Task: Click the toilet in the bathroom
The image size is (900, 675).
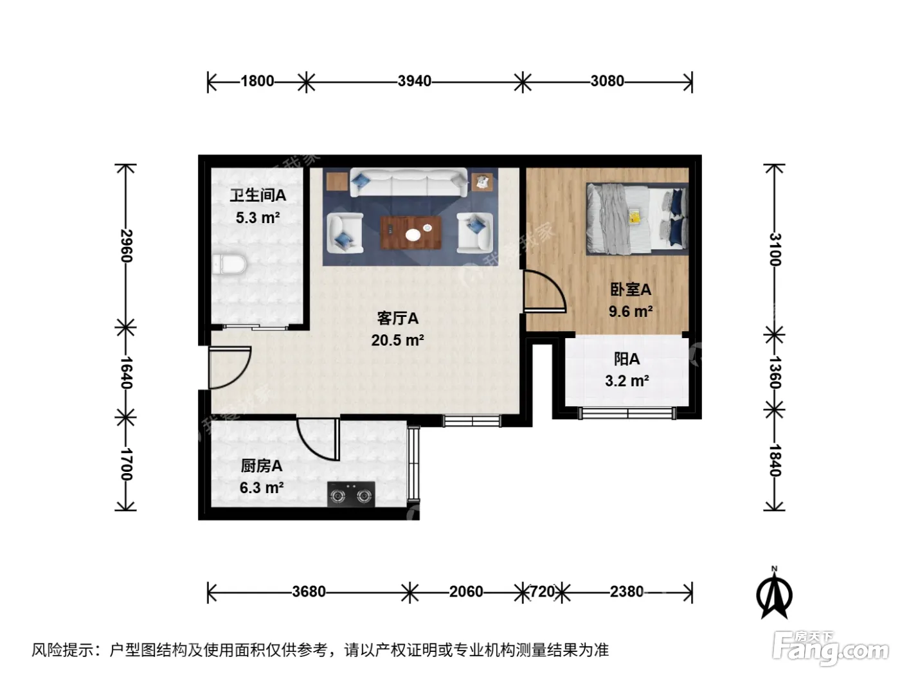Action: pos(230,264)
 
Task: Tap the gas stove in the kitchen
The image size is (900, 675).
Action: pos(351,494)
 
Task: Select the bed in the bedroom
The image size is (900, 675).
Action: pos(637,219)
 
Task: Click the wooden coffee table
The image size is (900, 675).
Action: pos(411,233)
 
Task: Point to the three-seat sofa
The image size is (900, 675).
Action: pos(408,183)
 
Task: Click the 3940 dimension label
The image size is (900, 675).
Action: pos(415,81)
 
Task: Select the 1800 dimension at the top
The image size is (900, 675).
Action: pos(257,81)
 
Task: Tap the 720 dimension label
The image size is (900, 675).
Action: pos(542,592)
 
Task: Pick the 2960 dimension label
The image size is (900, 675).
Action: pos(126,246)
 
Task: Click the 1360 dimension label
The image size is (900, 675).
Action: pos(775,372)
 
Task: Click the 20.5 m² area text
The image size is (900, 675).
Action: pos(397,340)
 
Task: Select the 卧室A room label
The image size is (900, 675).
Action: pos(631,290)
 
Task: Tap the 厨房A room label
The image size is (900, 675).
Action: pos(262,466)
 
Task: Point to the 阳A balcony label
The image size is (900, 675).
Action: pos(627,359)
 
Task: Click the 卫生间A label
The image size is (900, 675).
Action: pos(258,195)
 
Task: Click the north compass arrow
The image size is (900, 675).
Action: pos(774,594)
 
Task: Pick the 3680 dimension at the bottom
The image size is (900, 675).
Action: pos(309,592)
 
